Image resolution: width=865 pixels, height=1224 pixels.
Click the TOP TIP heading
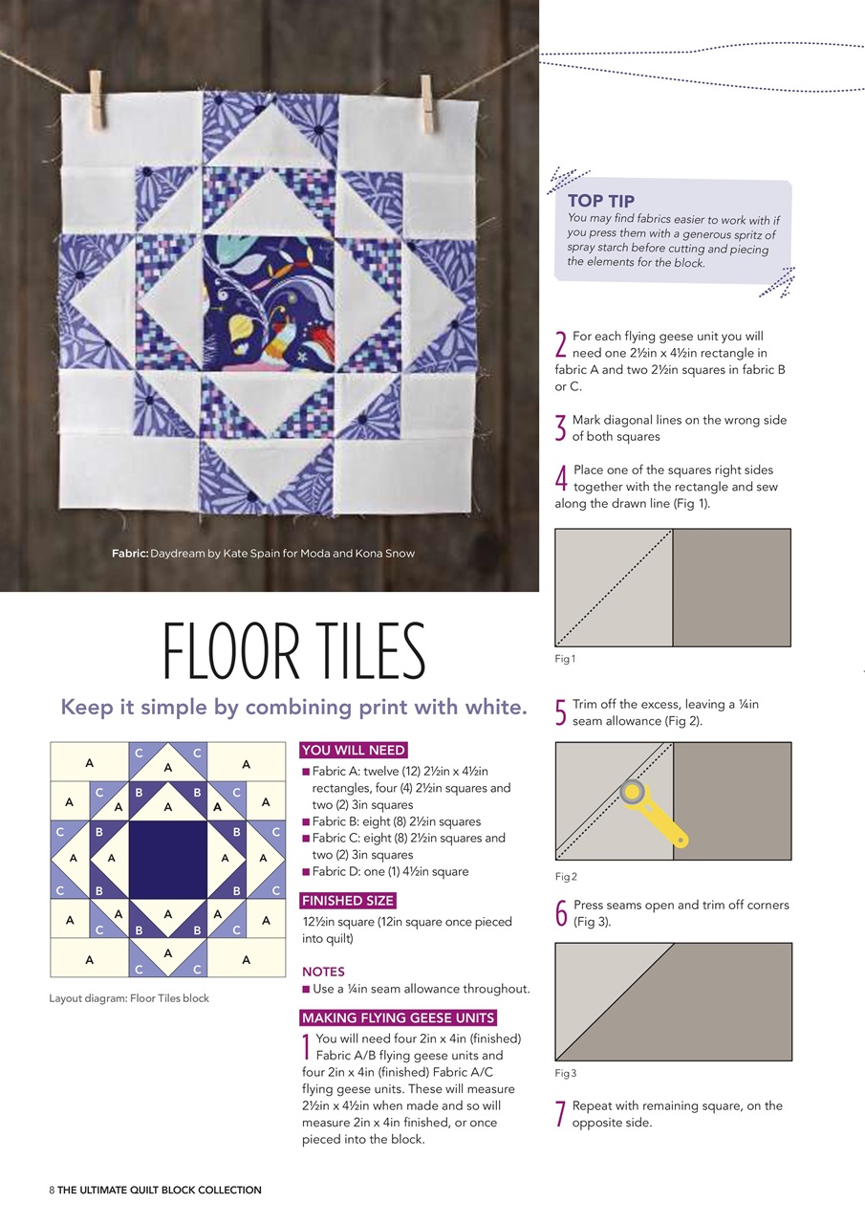tap(600, 201)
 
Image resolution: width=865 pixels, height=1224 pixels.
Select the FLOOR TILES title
tap(293, 651)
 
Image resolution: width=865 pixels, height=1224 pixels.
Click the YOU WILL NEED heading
tap(354, 750)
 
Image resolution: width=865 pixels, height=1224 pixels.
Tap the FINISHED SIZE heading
tap(348, 901)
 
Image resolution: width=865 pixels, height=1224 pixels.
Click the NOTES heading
tap(323, 972)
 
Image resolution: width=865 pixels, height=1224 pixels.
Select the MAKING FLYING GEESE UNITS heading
tap(398, 1017)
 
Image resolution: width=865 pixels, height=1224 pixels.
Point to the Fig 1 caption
tap(565, 659)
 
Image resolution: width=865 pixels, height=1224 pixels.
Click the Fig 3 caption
tap(565, 1073)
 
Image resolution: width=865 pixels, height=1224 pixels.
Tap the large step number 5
tap(561, 713)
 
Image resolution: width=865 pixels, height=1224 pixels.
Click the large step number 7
tap(561, 1115)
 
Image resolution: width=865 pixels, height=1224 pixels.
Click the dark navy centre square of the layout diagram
tap(167, 860)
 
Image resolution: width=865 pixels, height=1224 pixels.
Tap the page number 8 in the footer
tap(52, 1191)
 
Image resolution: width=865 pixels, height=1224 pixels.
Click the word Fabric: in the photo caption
tap(129, 554)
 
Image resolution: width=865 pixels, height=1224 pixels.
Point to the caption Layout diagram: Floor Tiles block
tap(129, 998)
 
